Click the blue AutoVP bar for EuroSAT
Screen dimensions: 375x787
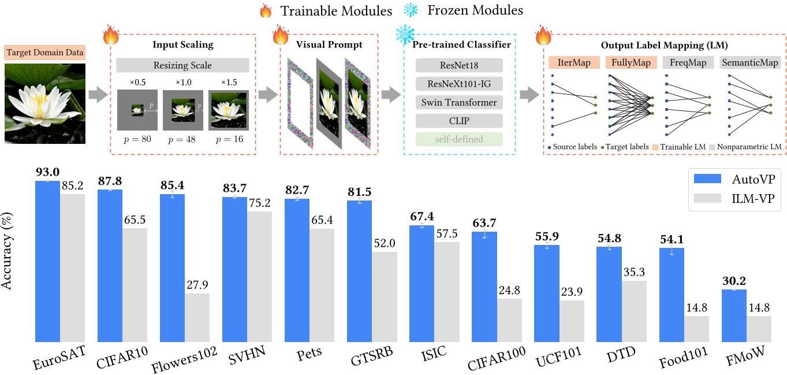click(x=47, y=260)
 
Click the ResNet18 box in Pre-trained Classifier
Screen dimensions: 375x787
click(x=459, y=65)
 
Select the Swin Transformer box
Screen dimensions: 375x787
click(x=459, y=102)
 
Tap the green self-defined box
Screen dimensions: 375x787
click(x=459, y=139)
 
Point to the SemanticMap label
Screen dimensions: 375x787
click(x=751, y=62)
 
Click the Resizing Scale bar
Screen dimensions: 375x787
click(x=182, y=65)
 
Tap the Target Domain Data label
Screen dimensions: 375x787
click(x=45, y=53)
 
